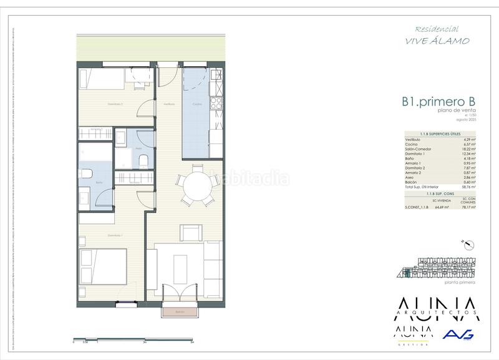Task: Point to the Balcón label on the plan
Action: (180, 311)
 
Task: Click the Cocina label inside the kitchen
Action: (196, 104)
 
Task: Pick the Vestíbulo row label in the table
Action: (413, 139)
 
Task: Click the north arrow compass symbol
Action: (462, 243)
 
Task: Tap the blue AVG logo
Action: (458, 335)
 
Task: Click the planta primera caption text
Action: (460, 283)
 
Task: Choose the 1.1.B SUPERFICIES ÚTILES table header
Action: (440, 133)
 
